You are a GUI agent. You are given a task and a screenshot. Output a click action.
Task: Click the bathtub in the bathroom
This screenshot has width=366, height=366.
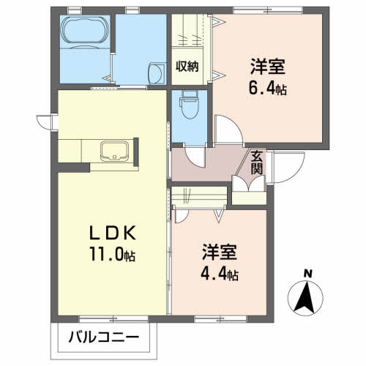[x=84, y=31]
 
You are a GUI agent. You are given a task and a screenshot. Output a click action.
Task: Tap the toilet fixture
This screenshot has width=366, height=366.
[x=189, y=105]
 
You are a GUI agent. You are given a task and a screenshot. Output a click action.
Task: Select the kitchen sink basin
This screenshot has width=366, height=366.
[x=114, y=151]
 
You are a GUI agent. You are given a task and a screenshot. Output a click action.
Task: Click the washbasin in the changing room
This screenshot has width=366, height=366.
[x=157, y=72]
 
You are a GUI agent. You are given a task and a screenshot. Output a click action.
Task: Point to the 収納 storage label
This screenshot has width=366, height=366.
[x=187, y=66]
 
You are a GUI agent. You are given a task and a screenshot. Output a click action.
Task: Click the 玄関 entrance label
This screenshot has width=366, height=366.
[x=257, y=163]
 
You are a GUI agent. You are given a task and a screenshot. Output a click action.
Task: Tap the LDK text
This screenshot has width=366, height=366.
[x=112, y=234]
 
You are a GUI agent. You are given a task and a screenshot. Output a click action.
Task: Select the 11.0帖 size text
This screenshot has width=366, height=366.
[x=113, y=254]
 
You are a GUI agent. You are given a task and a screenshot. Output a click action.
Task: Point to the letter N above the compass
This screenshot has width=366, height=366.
[x=308, y=274]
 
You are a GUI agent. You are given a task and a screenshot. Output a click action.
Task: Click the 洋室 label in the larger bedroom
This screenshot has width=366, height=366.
[x=268, y=67]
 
